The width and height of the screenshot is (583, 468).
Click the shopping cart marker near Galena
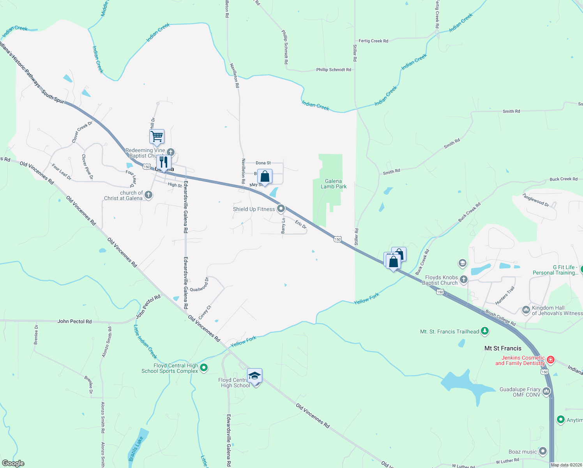coord(157,137)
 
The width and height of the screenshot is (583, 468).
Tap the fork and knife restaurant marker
coord(164,162)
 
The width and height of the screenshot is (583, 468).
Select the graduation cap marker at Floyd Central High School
coord(254,376)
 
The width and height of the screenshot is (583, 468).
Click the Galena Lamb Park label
coord(334,184)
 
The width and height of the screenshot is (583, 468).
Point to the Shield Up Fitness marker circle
coord(281,209)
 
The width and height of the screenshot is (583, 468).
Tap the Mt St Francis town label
coord(503,348)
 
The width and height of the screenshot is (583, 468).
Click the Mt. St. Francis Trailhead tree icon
coord(485,331)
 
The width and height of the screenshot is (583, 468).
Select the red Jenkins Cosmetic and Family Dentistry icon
coord(551,360)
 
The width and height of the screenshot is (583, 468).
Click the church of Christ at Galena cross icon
coord(148,195)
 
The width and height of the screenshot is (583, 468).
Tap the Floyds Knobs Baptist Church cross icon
coord(463,279)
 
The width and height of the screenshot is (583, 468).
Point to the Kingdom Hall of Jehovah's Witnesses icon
coord(526,310)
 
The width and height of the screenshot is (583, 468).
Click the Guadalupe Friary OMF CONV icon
coord(546,392)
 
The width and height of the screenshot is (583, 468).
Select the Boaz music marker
coord(543,452)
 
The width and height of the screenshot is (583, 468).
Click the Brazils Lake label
coord(136,448)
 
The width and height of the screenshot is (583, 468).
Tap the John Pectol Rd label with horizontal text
coord(74,321)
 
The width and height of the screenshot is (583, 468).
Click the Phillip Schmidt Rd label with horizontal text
coord(334,70)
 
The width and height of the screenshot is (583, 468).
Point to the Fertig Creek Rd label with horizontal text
coord(373,41)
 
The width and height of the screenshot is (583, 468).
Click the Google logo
coord(13,463)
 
